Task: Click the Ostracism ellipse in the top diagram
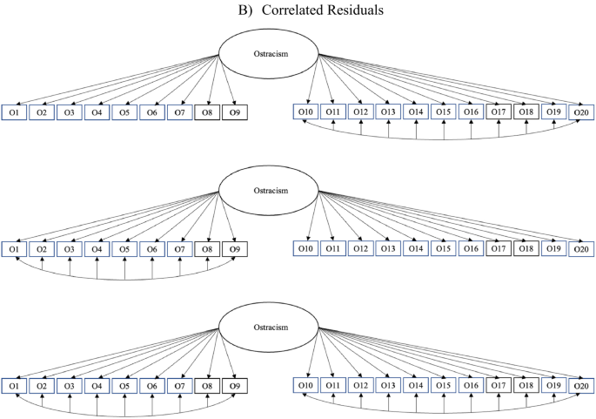268,55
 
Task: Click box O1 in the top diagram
13,112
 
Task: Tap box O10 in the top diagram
305,112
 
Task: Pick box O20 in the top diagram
581,112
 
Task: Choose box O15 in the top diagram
444,112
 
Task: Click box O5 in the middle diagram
124,248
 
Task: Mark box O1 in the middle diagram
13,248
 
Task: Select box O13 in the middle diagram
388,248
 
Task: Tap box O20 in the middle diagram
581,248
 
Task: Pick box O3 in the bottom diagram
69,384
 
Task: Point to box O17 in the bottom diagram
499,384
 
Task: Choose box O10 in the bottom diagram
305,384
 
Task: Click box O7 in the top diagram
179,112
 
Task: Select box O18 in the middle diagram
526,248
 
